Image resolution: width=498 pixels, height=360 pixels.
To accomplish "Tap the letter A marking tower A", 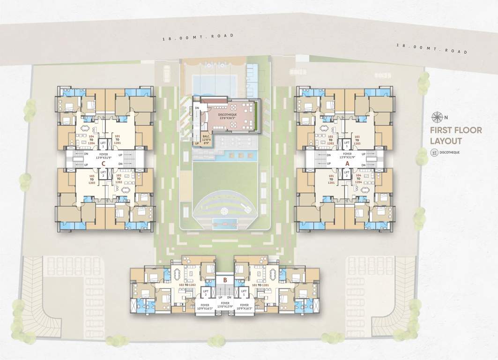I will pos(347,164).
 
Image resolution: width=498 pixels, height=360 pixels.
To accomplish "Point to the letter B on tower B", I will pos(225,280).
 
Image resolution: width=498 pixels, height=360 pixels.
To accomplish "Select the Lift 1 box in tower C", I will pos(103,144).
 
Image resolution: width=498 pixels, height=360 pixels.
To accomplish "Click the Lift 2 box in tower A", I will pos(347,174).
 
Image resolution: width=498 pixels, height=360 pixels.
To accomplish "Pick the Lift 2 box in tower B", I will pos(206,293).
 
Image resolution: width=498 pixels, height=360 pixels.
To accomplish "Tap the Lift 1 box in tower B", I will pos(244,293).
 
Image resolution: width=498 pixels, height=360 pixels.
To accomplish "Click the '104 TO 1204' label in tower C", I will pos(92,139).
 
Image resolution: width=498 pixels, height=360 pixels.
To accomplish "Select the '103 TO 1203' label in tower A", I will pos(357,139).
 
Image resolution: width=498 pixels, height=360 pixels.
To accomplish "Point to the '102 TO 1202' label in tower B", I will pos(186,285).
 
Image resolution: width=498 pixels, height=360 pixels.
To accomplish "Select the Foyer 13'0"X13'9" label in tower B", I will pos(225,306).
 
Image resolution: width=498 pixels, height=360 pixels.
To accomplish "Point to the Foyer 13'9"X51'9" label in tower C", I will pos(103,156).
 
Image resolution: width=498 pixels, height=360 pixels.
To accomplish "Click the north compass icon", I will pos(439,117).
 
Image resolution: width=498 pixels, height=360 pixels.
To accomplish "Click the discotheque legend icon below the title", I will pos(434,152).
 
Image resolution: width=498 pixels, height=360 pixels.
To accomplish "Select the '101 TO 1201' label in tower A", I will pos(331,179).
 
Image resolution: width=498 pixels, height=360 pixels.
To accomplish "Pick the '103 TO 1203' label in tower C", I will pos(92,179).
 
